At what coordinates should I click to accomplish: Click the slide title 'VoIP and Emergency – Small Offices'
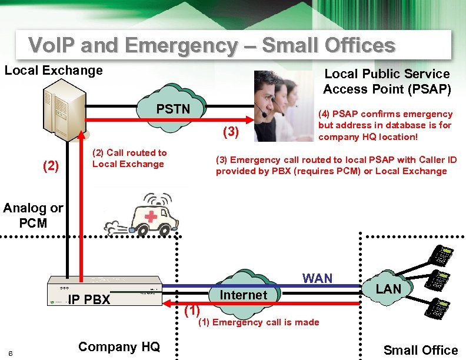point(212,45)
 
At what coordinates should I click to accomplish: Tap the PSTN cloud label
point(173,109)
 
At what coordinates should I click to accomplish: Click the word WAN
point(317,278)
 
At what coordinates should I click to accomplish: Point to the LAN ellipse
point(388,288)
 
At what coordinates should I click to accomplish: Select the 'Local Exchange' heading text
point(54,71)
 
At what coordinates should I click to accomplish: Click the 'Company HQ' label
point(118,346)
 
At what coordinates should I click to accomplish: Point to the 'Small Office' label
point(421,350)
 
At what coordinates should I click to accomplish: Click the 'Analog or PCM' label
point(33,215)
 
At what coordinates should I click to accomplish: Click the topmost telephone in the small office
point(442,254)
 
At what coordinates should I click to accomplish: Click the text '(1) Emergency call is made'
point(259,322)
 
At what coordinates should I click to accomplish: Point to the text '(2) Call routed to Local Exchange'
point(129,158)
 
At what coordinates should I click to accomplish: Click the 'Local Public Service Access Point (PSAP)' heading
point(387,82)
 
